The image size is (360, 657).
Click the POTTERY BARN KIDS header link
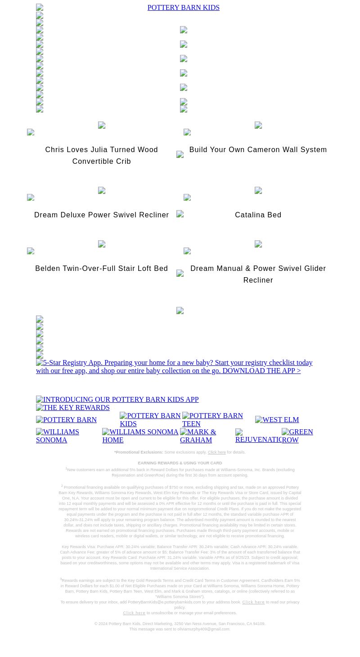tap(183, 8)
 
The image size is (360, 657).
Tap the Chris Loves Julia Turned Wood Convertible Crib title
tap(102, 155)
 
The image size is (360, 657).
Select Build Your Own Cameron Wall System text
tap(258, 150)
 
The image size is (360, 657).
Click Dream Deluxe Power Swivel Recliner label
tap(102, 215)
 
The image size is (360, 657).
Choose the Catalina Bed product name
tap(258, 215)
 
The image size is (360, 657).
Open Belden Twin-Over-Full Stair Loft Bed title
tap(102, 269)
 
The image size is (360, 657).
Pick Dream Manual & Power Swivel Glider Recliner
tap(258, 274)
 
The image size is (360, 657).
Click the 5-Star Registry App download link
tap(174, 367)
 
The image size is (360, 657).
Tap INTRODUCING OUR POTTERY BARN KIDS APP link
tap(117, 400)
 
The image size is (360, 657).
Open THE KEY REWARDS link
tap(73, 408)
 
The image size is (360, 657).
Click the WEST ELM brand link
tap(277, 420)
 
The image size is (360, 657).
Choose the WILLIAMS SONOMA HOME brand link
tap(140, 436)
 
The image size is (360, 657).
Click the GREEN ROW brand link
tap(297, 436)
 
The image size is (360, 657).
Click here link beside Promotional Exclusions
tap(216, 452)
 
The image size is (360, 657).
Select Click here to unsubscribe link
tap(134, 613)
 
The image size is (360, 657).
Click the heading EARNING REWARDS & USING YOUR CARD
tap(180, 463)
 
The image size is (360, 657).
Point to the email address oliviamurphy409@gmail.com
tap(204, 629)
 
